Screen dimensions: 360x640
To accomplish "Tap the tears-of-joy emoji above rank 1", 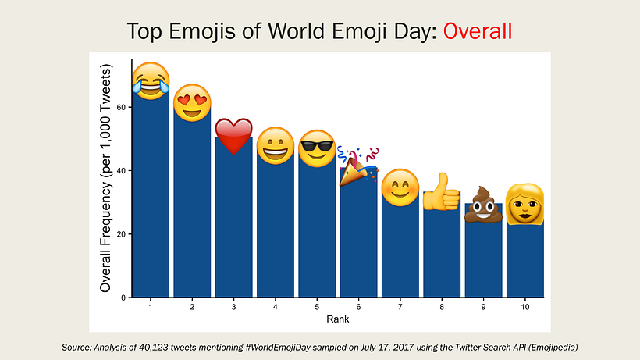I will pyautogui.click(x=151, y=80).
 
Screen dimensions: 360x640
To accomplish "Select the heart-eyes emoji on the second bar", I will pyautogui.click(x=192, y=102).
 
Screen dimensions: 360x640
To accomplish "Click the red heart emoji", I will pyautogui.click(x=233, y=136).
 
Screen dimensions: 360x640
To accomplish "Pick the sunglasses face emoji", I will pyautogui.click(x=316, y=148).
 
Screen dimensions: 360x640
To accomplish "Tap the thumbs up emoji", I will pyautogui.click(x=441, y=191).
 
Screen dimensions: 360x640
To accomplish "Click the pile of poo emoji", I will pyautogui.click(x=483, y=204).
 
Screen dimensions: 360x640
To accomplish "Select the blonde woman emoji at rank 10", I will pyautogui.click(x=524, y=203).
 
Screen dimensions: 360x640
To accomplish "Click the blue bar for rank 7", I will pyautogui.click(x=400, y=250).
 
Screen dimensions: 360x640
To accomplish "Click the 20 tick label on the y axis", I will pyautogui.click(x=122, y=234).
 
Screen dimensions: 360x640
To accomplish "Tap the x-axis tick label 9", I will pyautogui.click(x=483, y=308).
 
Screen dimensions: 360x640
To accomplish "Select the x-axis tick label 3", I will pyautogui.click(x=233, y=308).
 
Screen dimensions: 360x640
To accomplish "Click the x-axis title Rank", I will pyautogui.click(x=338, y=319).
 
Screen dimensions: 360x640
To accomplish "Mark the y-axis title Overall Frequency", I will pyautogui.click(x=107, y=180).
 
